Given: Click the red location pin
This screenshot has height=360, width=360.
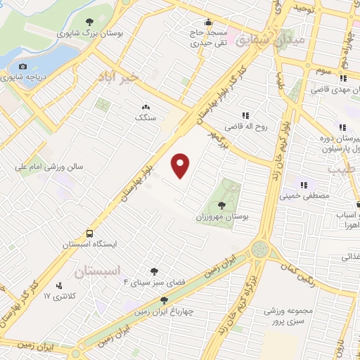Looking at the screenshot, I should pos(181,165).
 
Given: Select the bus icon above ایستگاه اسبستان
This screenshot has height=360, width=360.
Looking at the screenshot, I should pos(89,233).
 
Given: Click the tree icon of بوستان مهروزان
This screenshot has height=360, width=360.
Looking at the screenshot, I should pos(223,205).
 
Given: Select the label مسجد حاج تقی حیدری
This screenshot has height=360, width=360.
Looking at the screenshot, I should pos(209,37).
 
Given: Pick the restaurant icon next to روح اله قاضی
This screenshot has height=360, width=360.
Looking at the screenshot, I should pos(245,115).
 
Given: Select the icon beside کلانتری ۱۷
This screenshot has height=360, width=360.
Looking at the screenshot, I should pos(58,286).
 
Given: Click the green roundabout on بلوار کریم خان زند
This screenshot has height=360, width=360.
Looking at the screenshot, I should pos(260,248).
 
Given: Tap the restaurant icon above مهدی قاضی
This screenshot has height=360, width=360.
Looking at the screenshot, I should pos(344,78).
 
